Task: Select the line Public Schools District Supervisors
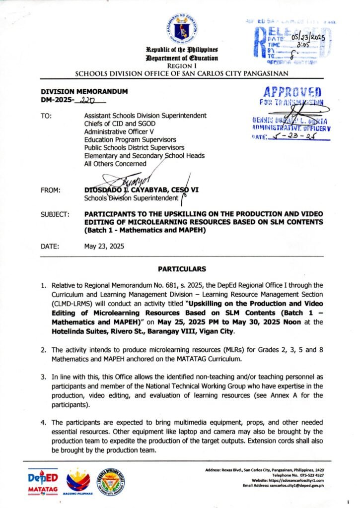[135, 147]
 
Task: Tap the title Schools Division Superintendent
[131, 199]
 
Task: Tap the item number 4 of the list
[44, 422]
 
